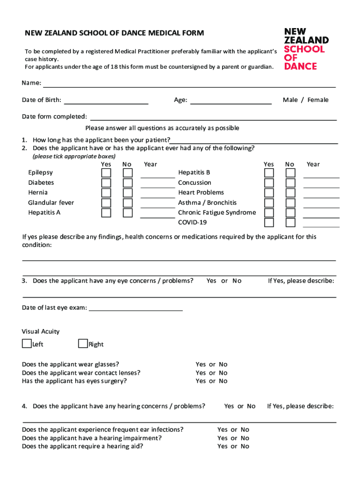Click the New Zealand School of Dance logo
pyautogui.click(x=306, y=49)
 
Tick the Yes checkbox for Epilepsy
pyautogui.click(x=107, y=173)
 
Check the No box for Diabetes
pyautogui.click(x=128, y=183)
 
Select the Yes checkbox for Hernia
pyautogui.click(x=107, y=193)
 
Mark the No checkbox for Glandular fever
pyautogui.click(x=128, y=203)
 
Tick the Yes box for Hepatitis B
pyautogui.click(x=269, y=173)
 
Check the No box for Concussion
pyautogui.click(x=291, y=183)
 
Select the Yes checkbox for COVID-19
pyautogui.click(x=269, y=223)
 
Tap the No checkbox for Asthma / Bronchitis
pyautogui.click(x=291, y=203)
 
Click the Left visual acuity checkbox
pyautogui.click(x=27, y=344)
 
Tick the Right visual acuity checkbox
pyautogui.click(x=83, y=344)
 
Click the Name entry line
pyautogui.click(x=189, y=84)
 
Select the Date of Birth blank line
pyautogui.click(x=106, y=101)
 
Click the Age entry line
pyautogui.click(x=231, y=101)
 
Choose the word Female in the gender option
pyautogui.click(x=318, y=100)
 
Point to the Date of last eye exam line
pyautogui.click(x=136, y=308)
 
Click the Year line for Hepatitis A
pyautogui.click(x=158, y=215)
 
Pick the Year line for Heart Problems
pyautogui.click(x=321, y=195)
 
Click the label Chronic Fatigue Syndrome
pyautogui.click(x=217, y=212)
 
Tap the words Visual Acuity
pyautogui.click(x=41, y=331)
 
